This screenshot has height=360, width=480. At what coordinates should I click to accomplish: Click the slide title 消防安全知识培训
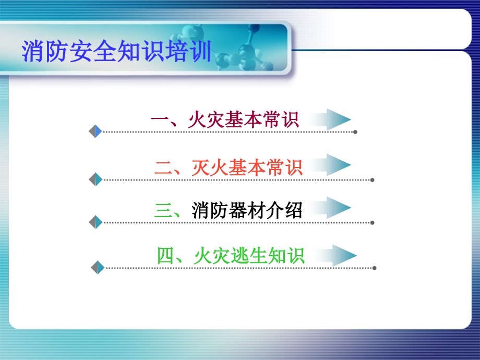[116, 53]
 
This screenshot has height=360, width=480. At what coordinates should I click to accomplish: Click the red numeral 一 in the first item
[159, 121]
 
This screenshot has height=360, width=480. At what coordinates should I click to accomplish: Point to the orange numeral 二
[163, 167]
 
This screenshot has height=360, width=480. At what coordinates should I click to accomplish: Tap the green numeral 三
[163, 211]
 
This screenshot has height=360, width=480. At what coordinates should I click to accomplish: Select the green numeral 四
[165, 256]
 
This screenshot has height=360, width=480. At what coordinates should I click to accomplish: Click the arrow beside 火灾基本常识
[334, 119]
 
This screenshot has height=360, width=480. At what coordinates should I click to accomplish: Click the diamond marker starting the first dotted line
[95, 131]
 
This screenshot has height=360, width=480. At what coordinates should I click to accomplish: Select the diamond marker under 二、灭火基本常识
[95, 179]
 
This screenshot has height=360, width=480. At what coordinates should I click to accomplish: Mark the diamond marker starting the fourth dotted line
[98, 268]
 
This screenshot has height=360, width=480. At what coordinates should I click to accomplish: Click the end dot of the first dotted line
[355, 132]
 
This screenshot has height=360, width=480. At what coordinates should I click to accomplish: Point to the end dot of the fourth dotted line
[374, 268]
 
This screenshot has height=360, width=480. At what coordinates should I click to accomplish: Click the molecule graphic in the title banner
[245, 52]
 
